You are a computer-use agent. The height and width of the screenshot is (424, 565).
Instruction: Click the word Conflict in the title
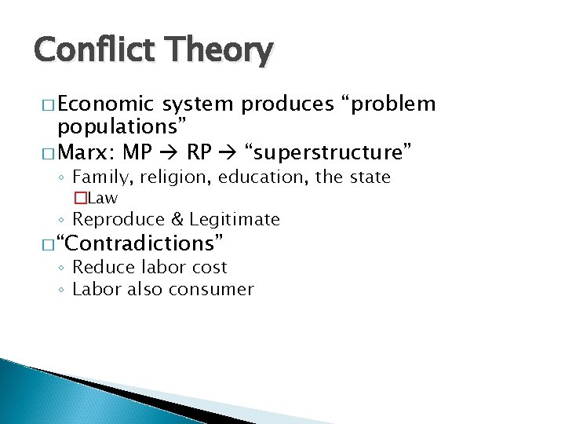click(86, 49)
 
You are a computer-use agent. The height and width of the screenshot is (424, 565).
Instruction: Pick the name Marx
click(85, 148)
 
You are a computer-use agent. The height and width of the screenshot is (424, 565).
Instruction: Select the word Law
click(103, 198)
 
